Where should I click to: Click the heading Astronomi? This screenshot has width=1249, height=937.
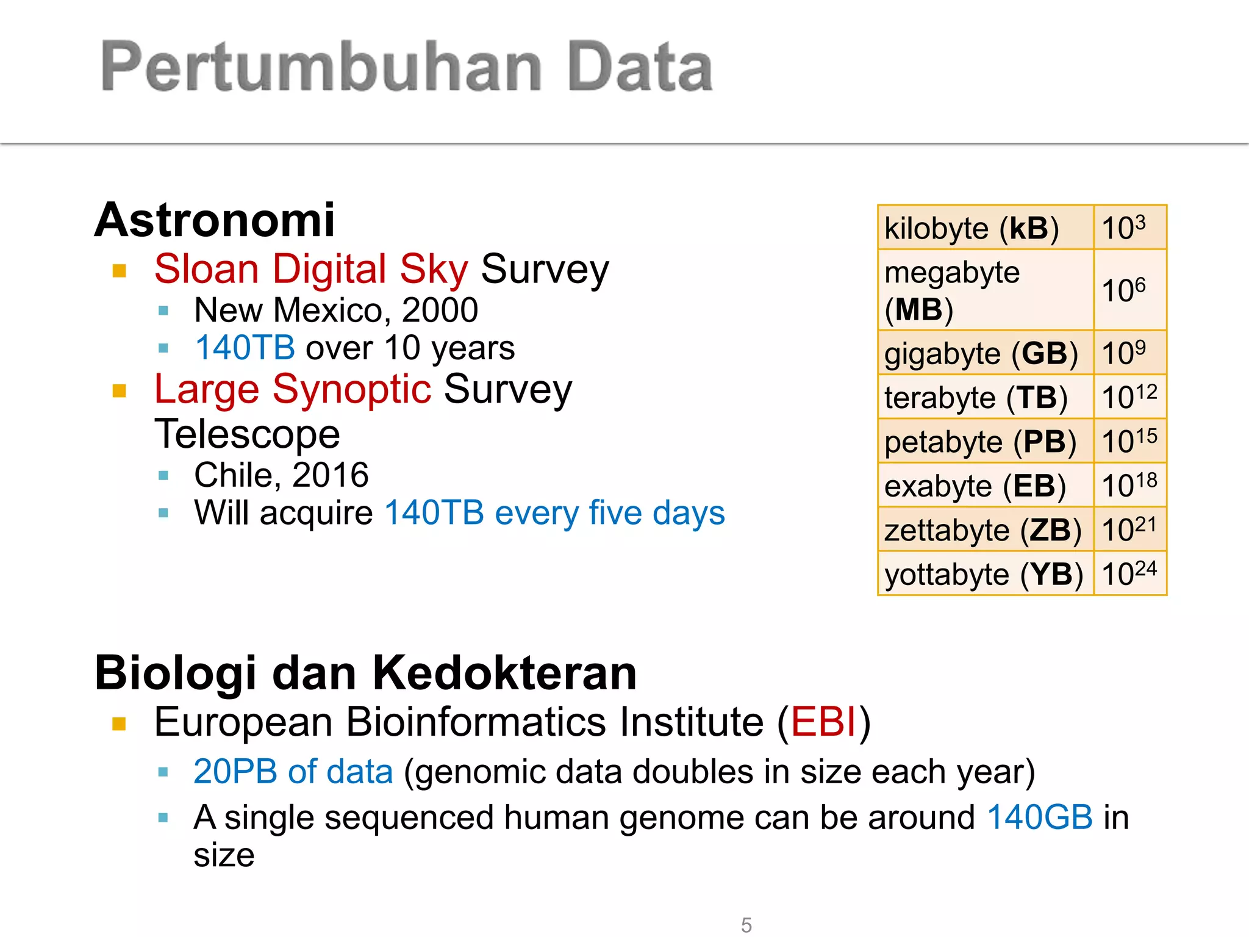point(215,220)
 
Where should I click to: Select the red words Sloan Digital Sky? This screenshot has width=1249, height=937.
point(311,269)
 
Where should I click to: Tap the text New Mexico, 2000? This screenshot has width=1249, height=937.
point(336,310)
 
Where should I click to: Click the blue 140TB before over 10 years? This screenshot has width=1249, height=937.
point(245,348)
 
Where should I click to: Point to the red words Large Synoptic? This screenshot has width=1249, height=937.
point(293,389)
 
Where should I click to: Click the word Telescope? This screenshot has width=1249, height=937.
point(247,434)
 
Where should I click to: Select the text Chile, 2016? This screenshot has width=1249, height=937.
point(281,475)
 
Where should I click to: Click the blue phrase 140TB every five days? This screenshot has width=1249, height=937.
point(555,512)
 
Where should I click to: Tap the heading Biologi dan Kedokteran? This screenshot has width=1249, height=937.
point(366,673)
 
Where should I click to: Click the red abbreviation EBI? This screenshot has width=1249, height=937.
point(824,722)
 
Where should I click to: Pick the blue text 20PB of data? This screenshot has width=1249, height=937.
point(293,772)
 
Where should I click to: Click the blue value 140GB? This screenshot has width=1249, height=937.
point(1040,817)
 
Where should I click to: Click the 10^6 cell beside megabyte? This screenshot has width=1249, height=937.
point(1129,290)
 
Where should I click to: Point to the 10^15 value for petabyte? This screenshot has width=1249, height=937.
point(1129,441)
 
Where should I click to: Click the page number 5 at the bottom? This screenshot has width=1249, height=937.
point(746,925)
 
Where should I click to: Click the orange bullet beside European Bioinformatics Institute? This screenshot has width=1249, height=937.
point(119,724)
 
